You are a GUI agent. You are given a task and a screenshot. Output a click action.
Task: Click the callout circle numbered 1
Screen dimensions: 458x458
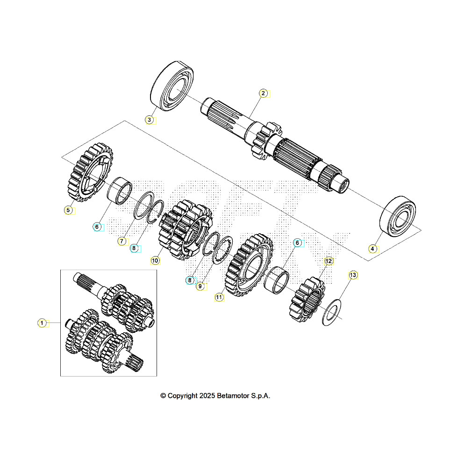coord(42,323)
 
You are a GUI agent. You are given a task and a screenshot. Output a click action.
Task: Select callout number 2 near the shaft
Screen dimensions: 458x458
coord(263,93)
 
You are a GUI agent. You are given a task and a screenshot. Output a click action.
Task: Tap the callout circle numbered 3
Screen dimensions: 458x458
coord(149,120)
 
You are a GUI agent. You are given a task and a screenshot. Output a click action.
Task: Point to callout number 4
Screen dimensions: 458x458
coord(372,249)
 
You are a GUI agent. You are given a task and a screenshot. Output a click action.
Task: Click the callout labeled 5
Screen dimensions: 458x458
coord(68,210)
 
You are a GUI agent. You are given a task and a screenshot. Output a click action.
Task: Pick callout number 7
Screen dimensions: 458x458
coord(122,241)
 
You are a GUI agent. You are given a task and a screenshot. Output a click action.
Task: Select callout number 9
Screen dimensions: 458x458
coord(200,286)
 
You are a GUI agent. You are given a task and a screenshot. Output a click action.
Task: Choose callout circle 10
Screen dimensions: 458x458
coord(155,259)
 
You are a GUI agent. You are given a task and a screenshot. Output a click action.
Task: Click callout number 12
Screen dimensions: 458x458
coord(329,261)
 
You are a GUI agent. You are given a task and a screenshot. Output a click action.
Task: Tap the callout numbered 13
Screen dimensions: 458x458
coord(353,275)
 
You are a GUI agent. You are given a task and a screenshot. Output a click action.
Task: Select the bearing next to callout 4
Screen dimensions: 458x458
coord(399,216)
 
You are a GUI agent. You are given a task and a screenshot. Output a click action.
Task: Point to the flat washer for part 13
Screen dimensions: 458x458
coord(332,312)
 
